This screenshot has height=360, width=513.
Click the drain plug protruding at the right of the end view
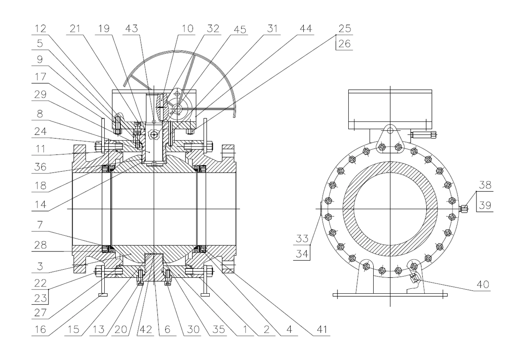464,207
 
